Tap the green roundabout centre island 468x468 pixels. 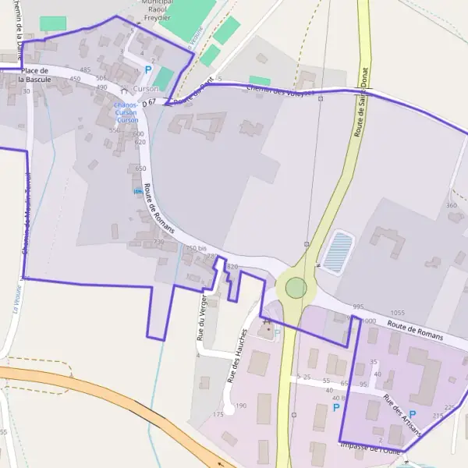point(296,288)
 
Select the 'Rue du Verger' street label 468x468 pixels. point(202,321)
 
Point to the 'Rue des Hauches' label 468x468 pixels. point(237,355)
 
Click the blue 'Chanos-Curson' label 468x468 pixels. point(126,112)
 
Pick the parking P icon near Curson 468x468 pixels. point(148,69)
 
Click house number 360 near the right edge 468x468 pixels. point(451,205)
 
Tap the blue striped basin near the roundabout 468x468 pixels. point(337,251)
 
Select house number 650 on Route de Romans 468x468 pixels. point(140,168)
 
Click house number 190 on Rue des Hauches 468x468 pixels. point(241,406)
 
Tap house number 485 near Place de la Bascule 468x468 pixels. point(85,69)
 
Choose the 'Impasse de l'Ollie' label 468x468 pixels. point(370,447)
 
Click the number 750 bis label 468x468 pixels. point(196,248)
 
